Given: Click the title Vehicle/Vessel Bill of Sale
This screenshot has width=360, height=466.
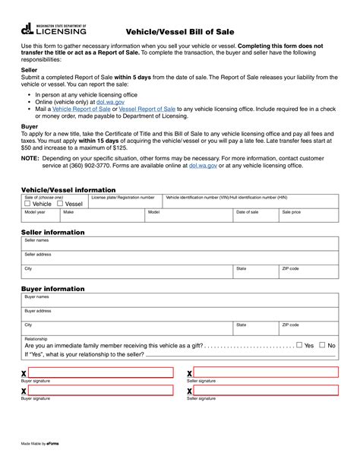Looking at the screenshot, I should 180,31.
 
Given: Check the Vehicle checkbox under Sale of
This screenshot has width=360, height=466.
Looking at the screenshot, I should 28,204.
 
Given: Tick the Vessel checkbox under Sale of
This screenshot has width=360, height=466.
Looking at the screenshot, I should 60,204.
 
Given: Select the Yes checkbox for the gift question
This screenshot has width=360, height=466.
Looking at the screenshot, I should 299,345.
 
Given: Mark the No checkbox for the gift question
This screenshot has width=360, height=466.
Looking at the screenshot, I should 322,345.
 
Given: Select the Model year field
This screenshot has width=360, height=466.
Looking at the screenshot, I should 40,216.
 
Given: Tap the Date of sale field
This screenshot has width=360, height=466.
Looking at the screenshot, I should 254,216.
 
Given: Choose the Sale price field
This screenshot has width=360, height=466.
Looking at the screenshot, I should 308,216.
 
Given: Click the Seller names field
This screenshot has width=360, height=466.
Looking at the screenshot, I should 180,243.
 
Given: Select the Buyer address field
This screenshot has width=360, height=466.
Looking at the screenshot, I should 180,314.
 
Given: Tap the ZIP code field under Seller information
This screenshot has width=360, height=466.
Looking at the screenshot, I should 308,272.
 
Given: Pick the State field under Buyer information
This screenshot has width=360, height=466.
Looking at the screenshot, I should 254,328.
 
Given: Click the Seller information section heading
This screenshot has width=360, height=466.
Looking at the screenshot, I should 53,232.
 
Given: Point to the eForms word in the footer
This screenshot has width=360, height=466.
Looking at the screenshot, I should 53,442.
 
